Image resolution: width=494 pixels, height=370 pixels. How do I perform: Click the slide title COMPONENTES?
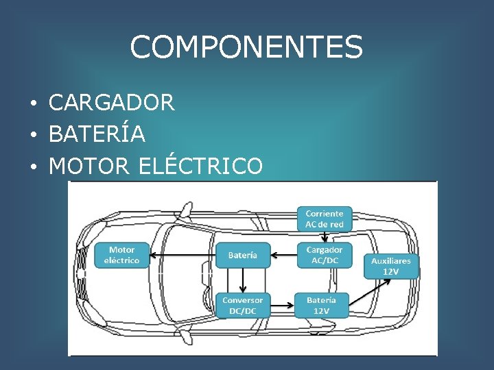(246, 47)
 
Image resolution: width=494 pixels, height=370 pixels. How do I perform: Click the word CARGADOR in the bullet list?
(112, 103)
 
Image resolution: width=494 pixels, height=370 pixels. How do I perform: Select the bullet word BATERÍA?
(97, 134)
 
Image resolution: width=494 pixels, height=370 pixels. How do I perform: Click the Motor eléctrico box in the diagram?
(121, 255)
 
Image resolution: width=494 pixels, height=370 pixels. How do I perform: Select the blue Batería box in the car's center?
(243, 255)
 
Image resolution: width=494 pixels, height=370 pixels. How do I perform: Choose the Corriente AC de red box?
(324, 219)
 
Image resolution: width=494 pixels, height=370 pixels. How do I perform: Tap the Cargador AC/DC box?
(324, 255)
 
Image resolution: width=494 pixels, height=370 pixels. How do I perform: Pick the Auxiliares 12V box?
(390, 266)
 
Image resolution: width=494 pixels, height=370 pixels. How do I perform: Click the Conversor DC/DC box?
(242, 305)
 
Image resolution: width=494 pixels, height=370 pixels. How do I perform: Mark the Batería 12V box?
(321, 305)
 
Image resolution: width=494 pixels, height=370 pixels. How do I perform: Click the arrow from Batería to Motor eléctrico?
(183, 255)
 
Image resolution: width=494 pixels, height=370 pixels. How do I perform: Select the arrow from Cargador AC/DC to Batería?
(283, 255)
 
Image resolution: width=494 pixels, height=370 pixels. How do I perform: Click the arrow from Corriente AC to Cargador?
(324, 236)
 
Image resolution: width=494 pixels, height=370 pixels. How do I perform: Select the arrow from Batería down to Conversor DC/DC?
(242, 280)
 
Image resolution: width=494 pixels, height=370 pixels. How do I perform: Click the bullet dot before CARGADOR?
(33, 104)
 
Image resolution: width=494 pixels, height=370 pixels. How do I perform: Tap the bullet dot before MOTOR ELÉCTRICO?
(33, 166)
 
